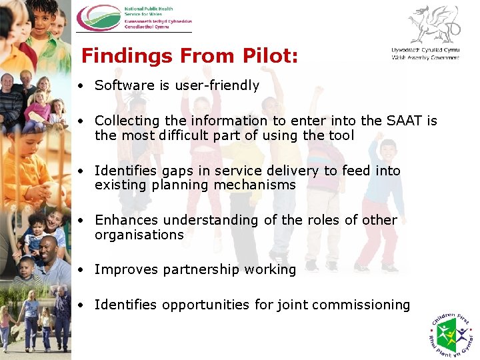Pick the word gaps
172,171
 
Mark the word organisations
139,235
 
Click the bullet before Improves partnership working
79,270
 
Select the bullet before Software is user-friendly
79,85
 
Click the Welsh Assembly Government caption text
425,54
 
